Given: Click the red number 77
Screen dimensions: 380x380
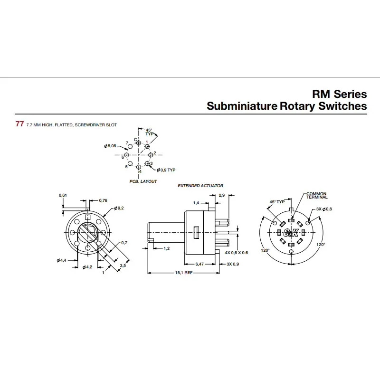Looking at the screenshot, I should (x=19, y=124).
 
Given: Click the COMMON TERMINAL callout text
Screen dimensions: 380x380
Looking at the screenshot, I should (x=316, y=195).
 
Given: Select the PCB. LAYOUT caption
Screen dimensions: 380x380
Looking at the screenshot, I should (x=143, y=181).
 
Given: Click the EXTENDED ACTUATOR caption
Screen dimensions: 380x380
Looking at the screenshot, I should (x=200, y=186).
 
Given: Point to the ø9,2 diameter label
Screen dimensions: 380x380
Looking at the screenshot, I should (x=119, y=209).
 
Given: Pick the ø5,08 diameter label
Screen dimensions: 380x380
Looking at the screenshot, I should (x=110, y=146).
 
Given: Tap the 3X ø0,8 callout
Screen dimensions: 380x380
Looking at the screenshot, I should (x=324, y=209).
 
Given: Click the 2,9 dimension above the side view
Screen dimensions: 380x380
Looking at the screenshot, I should (x=222, y=195).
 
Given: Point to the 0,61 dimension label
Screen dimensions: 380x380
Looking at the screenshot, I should (x=63, y=195).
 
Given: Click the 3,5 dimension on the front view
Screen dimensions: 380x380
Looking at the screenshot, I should (x=123, y=266).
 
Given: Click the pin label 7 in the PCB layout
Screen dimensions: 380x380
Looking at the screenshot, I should (x=127, y=143).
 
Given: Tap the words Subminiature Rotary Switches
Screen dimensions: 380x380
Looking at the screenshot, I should (x=286, y=106).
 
